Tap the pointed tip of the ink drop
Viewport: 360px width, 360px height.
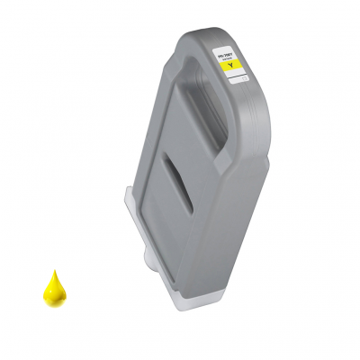56,271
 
